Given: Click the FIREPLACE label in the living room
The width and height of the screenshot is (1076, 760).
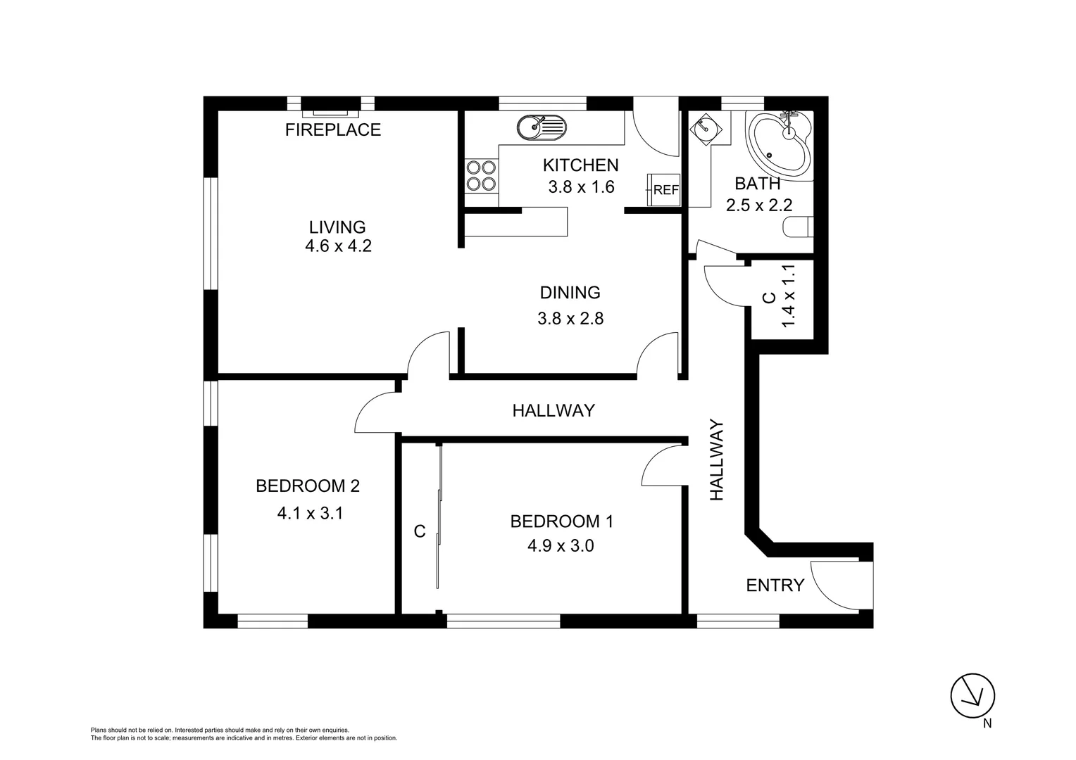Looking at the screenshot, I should pyautogui.click(x=332, y=129).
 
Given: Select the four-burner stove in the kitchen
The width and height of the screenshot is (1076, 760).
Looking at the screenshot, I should pyautogui.click(x=481, y=176).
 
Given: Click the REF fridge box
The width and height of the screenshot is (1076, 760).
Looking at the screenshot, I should pyautogui.click(x=664, y=189).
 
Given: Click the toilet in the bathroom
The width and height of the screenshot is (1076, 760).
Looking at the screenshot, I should pyautogui.click(x=799, y=227).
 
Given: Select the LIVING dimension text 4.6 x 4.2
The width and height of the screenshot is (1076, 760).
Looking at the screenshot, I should pyautogui.click(x=338, y=246).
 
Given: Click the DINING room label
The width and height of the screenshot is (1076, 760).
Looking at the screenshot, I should pyautogui.click(x=570, y=292).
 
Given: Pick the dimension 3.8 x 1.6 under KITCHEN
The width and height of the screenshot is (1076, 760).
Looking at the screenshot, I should pyautogui.click(x=581, y=186).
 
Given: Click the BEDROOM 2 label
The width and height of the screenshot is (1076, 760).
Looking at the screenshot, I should pyautogui.click(x=308, y=486).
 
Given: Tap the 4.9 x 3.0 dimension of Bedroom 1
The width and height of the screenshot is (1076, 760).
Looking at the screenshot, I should pyautogui.click(x=561, y=545).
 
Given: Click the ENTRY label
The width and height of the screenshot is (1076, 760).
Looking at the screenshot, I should pyautogui.click(x=775, y=585).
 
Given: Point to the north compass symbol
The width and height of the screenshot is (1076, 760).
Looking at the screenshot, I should pyautogui.click(x=972, y=696).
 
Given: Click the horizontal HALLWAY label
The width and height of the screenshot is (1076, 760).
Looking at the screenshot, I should pyautogui.click(x=553, y=410).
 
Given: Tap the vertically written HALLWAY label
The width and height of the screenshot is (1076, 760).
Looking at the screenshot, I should pyautogui.click(x=717, y=460).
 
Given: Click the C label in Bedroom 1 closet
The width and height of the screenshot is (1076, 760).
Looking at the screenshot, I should pyautogui.click(x=420, y=531).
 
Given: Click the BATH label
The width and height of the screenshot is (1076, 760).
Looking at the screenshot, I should pyautogui.click(x=757, y=184).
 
